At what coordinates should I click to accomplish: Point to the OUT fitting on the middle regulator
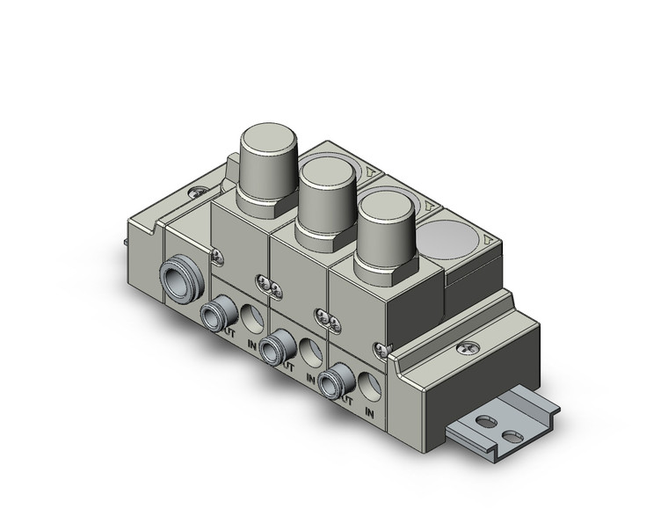click(280, 340)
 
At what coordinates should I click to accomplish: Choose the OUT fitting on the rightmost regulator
click(333, 380)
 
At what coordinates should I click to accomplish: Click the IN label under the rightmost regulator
click(370, 411)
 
